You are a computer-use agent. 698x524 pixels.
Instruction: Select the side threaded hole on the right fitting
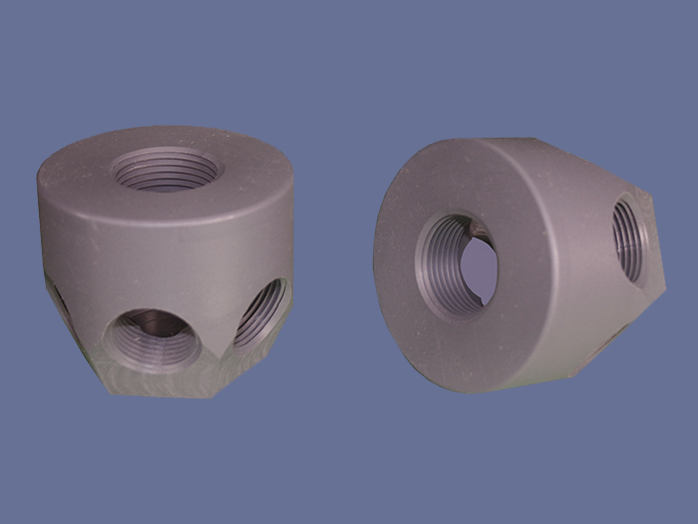630,239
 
